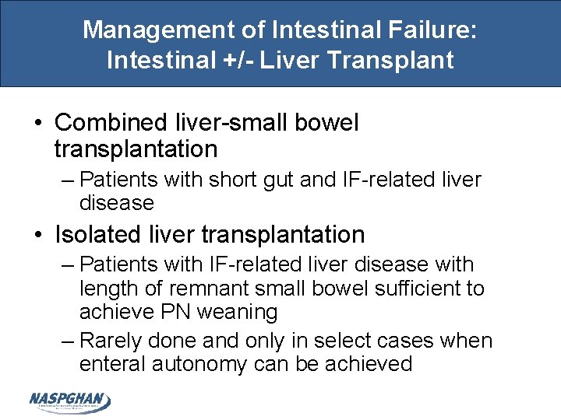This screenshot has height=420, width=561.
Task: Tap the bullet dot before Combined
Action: (38, 124)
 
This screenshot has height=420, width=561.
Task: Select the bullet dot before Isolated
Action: (38, 235)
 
